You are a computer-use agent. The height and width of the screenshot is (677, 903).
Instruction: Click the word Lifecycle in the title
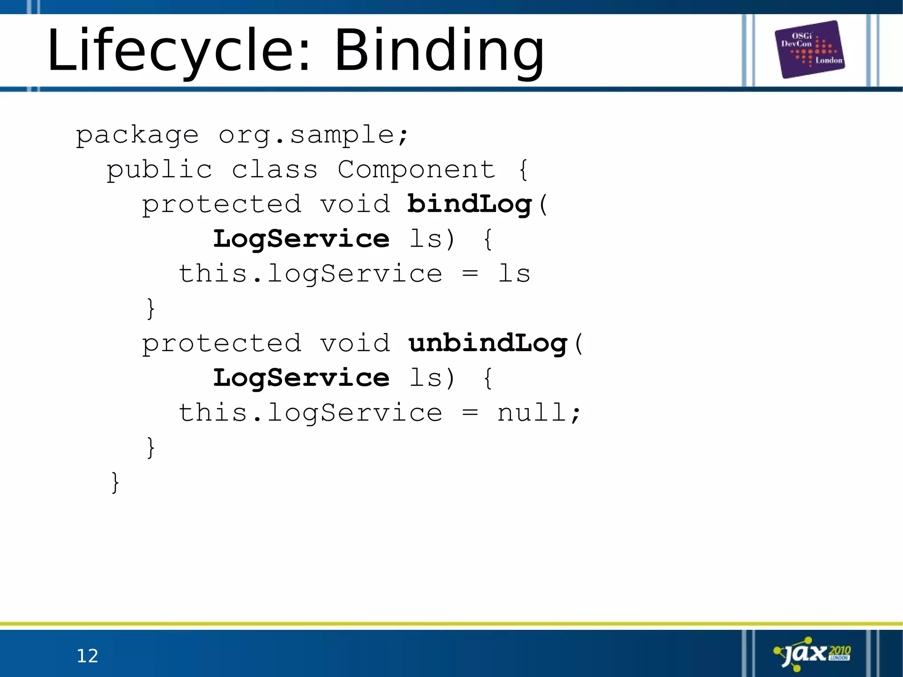[x=170, y=51]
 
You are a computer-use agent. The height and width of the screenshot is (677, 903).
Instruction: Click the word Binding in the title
[x=439, y=51]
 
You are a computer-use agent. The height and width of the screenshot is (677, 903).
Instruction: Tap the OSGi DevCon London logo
[x=810, y=49]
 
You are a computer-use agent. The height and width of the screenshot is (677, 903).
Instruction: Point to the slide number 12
[x=87, y=656]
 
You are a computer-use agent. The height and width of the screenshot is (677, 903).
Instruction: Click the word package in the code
[x=137, y=135]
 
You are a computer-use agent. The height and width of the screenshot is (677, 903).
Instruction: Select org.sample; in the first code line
[x=313, y=135]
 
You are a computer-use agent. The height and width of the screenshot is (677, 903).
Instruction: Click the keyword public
[x=159, y=170]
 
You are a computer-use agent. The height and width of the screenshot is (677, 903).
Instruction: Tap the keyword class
[x=274, y=170]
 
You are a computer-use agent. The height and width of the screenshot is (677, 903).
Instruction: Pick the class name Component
[x=417, y=170]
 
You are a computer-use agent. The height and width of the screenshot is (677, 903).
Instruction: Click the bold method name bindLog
[x=470, y=205]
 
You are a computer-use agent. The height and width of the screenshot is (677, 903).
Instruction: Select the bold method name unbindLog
[x=488, y=344]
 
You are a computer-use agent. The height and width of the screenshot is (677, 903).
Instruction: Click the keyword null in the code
[x=531, y=413]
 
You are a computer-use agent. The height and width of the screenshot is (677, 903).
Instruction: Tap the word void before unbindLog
[x=355, y=344]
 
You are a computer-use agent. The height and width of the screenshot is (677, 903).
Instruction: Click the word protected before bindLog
[x=221, y=205]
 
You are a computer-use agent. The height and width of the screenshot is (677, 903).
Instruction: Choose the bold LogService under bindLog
[x=301, y=239]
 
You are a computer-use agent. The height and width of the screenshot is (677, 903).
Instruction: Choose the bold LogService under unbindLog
[x=301, y=378]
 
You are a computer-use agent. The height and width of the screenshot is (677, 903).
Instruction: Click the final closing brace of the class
[x=115, y=483]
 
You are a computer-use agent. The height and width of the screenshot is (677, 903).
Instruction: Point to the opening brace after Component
[x=523, y=170]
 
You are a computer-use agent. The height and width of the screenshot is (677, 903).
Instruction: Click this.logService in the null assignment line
[x=310, y=413]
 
